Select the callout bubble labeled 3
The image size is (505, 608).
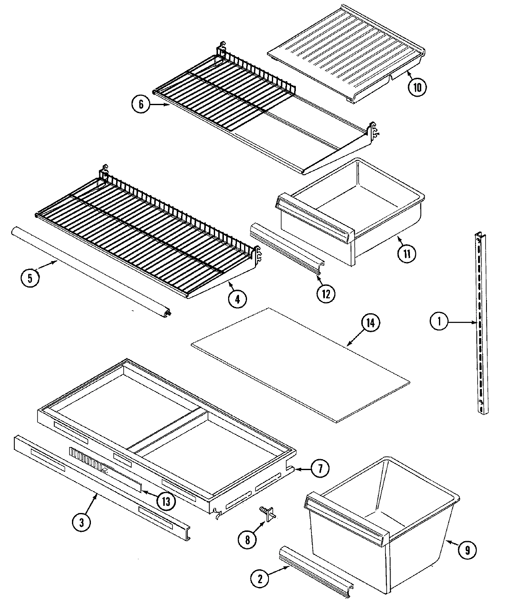point(82,522)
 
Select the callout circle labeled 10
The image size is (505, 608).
point(417,87)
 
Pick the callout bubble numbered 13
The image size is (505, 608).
point(167,500)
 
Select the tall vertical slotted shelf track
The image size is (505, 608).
point(481,324)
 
